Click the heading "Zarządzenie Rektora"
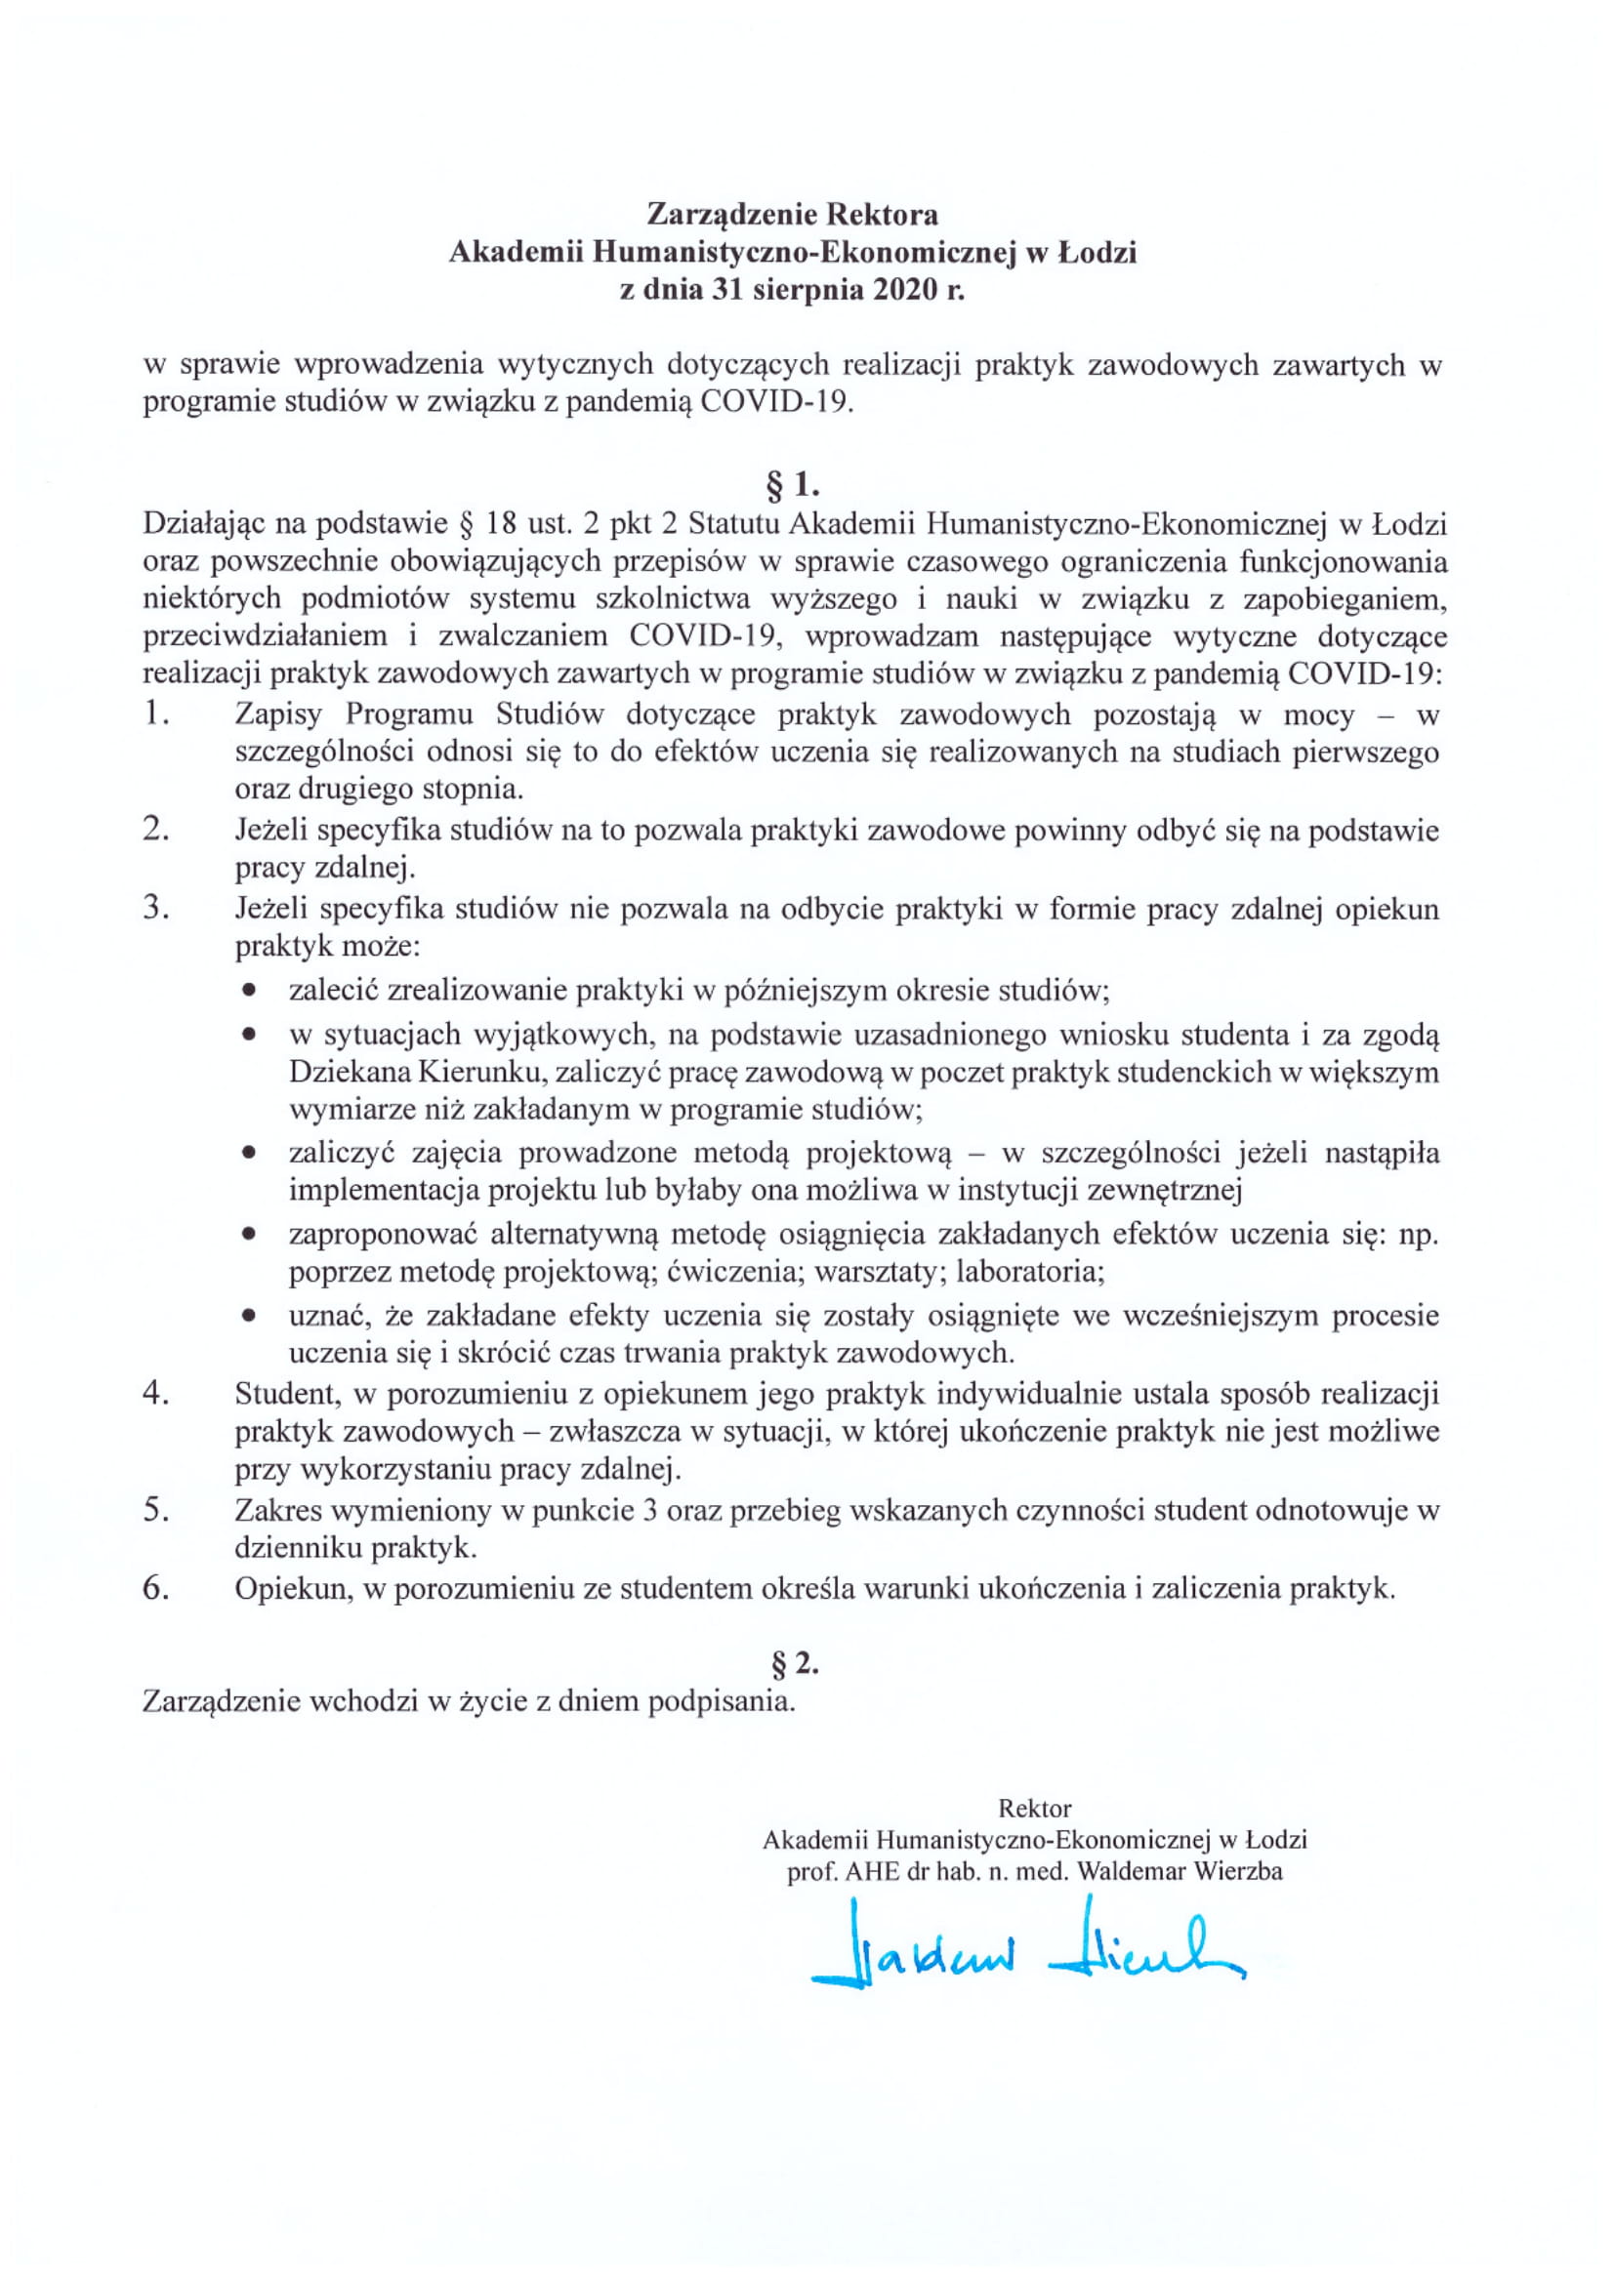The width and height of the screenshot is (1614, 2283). point(792,214)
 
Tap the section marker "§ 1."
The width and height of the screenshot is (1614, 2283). point(792,484)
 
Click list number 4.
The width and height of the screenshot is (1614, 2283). point(155,1394)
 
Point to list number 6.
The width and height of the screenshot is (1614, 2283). point(155,1587)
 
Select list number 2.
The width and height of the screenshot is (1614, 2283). point(155,830)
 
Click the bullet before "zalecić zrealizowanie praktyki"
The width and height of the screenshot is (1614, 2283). point(249,991)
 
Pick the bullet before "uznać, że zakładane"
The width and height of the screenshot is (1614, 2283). point(249,1316)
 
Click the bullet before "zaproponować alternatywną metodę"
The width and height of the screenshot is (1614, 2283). point(249,1234)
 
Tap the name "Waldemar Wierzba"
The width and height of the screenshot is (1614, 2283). point(1179,1870)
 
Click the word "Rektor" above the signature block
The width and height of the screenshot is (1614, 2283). point(1034,1807)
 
